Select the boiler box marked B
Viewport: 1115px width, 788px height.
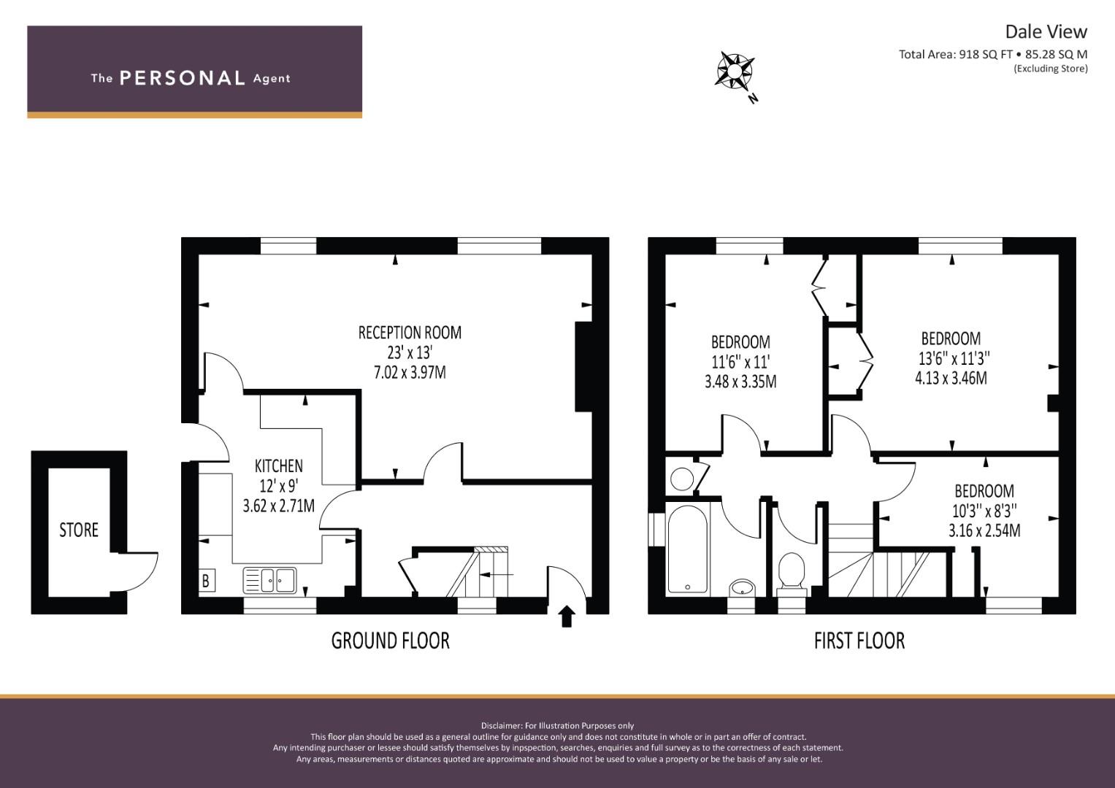206,581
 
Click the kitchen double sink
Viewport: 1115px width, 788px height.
269,580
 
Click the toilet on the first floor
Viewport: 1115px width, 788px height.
792,571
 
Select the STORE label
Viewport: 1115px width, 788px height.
78,530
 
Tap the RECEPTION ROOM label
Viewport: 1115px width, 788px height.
410,333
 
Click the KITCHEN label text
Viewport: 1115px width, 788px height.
278,466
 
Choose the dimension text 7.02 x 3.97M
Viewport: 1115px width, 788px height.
410,373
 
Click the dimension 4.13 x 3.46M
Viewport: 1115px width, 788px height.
951,378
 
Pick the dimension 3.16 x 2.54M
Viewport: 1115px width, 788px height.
984,530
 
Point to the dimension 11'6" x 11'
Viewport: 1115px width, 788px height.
740,361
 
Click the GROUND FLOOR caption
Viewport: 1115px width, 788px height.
390,641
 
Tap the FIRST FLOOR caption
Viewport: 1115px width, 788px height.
859,641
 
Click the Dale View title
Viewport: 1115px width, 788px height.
1046,31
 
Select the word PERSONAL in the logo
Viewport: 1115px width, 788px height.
182,78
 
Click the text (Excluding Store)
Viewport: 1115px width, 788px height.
1050,69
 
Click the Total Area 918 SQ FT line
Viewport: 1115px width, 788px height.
992,54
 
